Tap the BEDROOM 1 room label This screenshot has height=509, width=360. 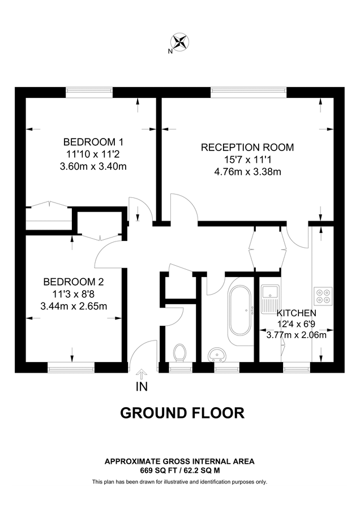coord(93,141)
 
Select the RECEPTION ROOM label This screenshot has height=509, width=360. coord(247,148)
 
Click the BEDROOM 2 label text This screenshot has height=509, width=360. coord(74,281)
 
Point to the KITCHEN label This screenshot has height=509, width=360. coord(296,313)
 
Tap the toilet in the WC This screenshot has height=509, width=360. coord(181,353)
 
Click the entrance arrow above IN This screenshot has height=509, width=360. coord(141,374)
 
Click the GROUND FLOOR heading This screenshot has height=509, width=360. coord(182,413)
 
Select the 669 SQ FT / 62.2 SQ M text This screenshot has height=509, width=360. coord(179,470)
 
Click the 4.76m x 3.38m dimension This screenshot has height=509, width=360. coord(247,172)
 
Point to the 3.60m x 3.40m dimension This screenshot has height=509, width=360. coord(93,166)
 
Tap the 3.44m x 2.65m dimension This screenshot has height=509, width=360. coord(74,306)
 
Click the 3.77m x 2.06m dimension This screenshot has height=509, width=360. coord(296,334)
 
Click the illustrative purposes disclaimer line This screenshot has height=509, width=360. coord(179,482)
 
